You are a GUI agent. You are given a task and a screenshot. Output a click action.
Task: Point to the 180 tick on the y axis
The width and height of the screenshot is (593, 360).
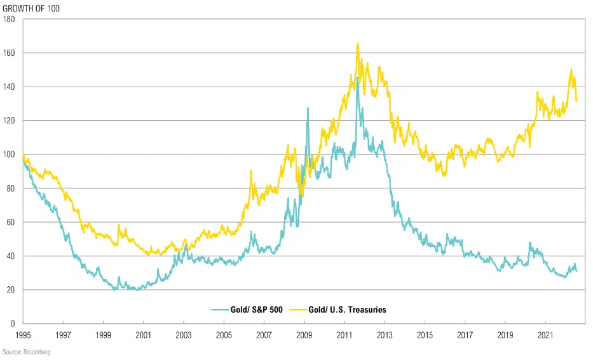click(x=10, y=19)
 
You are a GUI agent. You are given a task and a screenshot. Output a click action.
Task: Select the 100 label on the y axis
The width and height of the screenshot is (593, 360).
click(x=10, y=155)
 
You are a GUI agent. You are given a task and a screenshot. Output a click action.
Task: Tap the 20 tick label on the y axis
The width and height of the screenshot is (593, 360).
click(x=12, y=290)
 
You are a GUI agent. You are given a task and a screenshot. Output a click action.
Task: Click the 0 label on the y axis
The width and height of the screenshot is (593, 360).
click(x=14, y=324)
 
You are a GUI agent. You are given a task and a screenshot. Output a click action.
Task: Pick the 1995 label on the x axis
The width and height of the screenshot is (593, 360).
click(x=23, y=334)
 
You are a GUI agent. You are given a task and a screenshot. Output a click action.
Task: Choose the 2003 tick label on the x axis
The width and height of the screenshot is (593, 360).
click(x=183, y=334)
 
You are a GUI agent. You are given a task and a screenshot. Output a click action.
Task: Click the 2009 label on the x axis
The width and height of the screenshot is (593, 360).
click(x=304, y=334)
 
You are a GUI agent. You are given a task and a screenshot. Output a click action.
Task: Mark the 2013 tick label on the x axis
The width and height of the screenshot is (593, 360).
click(x=384, y=334)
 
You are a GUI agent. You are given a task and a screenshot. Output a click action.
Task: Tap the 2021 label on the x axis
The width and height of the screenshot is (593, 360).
click(x=545, y=334)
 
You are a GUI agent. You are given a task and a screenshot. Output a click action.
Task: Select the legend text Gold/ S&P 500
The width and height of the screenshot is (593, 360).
click(x=254, y=310)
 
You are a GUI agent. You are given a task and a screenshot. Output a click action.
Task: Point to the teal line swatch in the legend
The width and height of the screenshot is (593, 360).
click(x=219, y=310)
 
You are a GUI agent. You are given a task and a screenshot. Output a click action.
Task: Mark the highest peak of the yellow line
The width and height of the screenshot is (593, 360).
click(x=358, y=43)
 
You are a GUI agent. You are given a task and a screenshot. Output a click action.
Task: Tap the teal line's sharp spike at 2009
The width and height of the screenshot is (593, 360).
click(x=308, y=108)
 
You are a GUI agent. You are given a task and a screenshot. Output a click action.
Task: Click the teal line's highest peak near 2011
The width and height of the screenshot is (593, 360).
click(x=357, y=78)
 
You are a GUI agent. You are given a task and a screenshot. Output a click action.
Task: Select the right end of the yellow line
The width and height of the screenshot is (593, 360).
click(x=576, y=100)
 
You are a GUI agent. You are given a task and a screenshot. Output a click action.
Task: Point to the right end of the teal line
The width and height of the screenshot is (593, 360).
click(x=576, y=272)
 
